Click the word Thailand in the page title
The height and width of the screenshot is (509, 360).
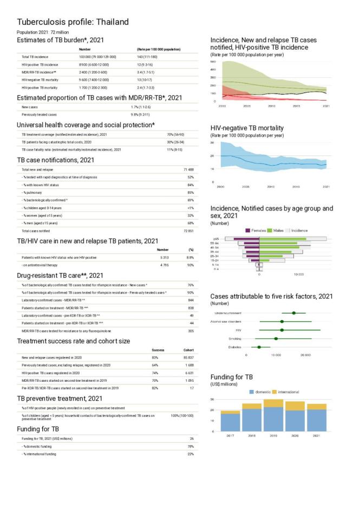111,22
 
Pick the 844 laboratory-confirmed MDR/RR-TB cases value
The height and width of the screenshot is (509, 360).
190,299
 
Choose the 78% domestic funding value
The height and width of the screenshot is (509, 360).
190,446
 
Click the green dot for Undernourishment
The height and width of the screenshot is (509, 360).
293,313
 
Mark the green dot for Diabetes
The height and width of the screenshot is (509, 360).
259,347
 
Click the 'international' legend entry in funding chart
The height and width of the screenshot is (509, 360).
289,391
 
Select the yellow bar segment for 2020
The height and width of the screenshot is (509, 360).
295,406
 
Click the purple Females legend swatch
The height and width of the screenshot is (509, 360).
248,230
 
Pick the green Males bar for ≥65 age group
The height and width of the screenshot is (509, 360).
283,238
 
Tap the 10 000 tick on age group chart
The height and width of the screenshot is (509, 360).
298,274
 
